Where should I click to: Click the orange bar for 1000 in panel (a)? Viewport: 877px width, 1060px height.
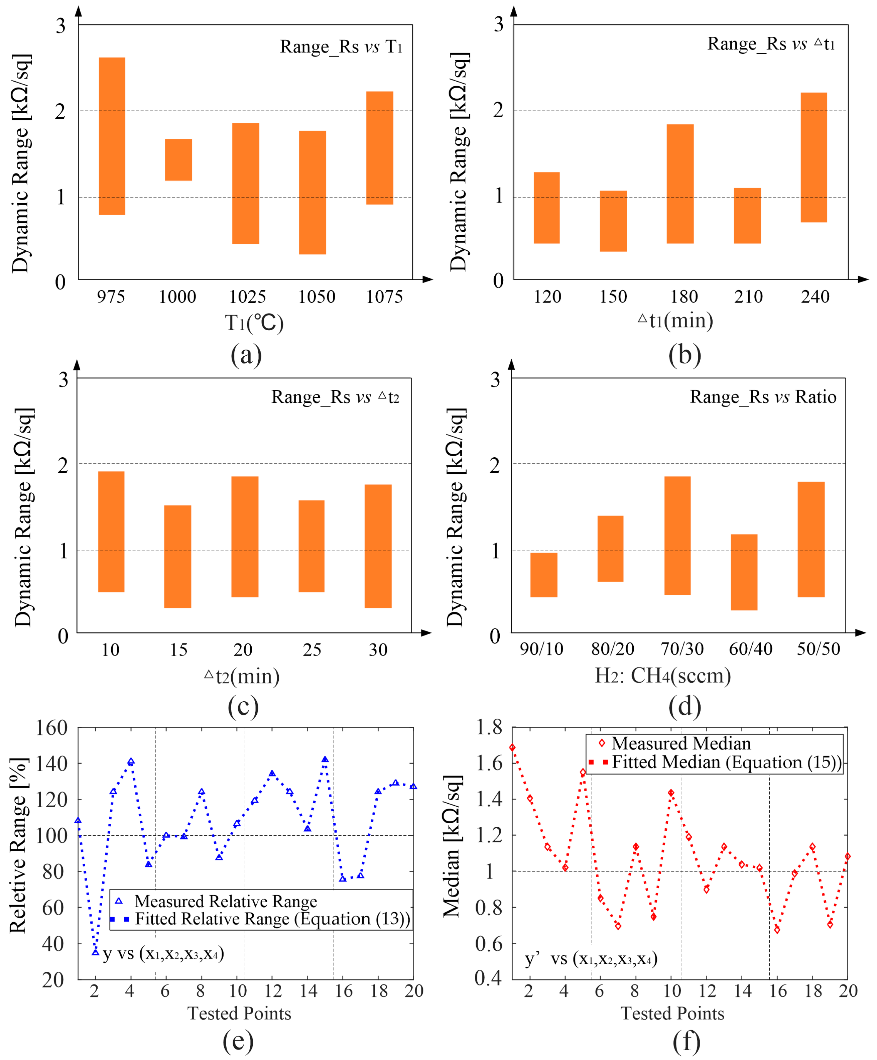tap(178, 159)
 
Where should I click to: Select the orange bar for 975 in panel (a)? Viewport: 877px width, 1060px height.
tap(112, 136)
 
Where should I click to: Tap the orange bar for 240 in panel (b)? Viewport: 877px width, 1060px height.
tap(813, 157)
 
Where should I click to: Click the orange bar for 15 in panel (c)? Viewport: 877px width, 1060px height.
tap(177, 556)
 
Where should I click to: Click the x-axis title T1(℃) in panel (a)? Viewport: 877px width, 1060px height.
tap(254, 323)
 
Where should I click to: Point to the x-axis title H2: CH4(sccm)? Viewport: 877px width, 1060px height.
tap(662, 675)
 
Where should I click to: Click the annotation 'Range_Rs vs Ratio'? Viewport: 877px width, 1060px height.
tap(762, 397)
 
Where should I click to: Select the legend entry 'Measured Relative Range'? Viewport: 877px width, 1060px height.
tap(226, 901)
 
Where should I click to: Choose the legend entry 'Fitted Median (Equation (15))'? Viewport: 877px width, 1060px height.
tap(727, 762)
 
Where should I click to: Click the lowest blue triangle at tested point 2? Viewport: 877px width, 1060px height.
tap(95, 952)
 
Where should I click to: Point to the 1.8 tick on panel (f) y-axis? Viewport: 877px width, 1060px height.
tap(489, 727)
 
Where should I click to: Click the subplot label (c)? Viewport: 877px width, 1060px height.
tap(243, 707)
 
